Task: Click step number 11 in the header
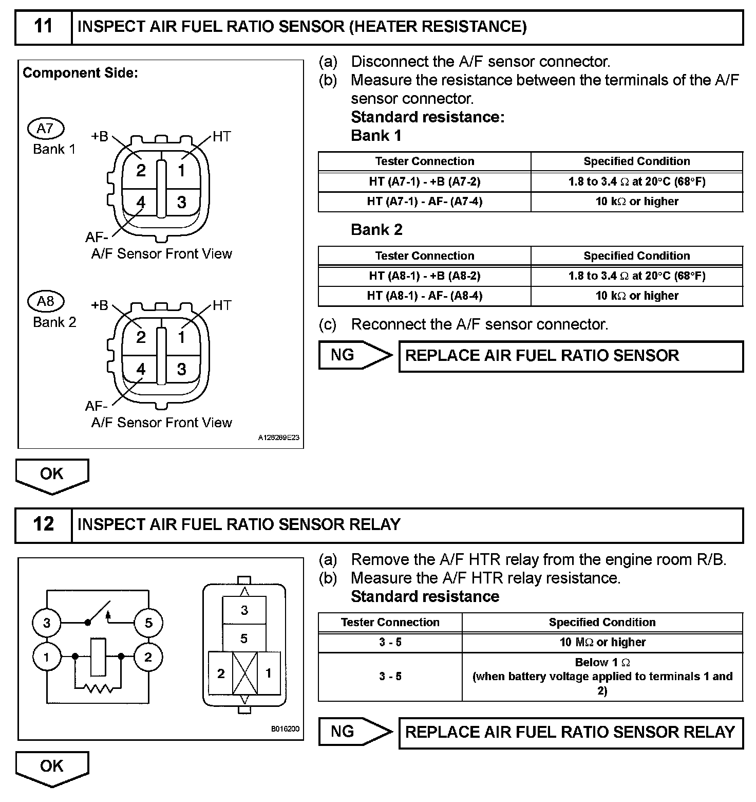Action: click(43, 26)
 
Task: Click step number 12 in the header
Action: click(43, 524)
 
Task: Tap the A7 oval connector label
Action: click(46, 129)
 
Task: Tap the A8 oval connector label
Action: click(46, 301)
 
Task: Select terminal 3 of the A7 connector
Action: click(182, 202)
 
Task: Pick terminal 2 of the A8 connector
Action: click(141, 337)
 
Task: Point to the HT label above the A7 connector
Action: click(221, 137)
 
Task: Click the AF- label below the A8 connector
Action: click(96, 406)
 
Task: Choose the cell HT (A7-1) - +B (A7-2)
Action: click(424, 181)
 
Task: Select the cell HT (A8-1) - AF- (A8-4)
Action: click(424, 296)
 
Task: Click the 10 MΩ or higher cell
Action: click(602, 642)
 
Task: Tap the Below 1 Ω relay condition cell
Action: click(602, 676)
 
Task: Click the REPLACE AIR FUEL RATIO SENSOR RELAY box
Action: click(571, 732)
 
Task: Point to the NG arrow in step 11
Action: click(354, 355)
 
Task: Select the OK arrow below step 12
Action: click(52, 767)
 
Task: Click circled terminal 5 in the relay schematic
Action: click(148, 623)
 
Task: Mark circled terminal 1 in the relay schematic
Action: click(47, 657)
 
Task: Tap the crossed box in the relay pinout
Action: click(245, 673)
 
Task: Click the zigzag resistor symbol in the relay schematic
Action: click(98, 688)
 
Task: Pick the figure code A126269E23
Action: click(278, 438)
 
